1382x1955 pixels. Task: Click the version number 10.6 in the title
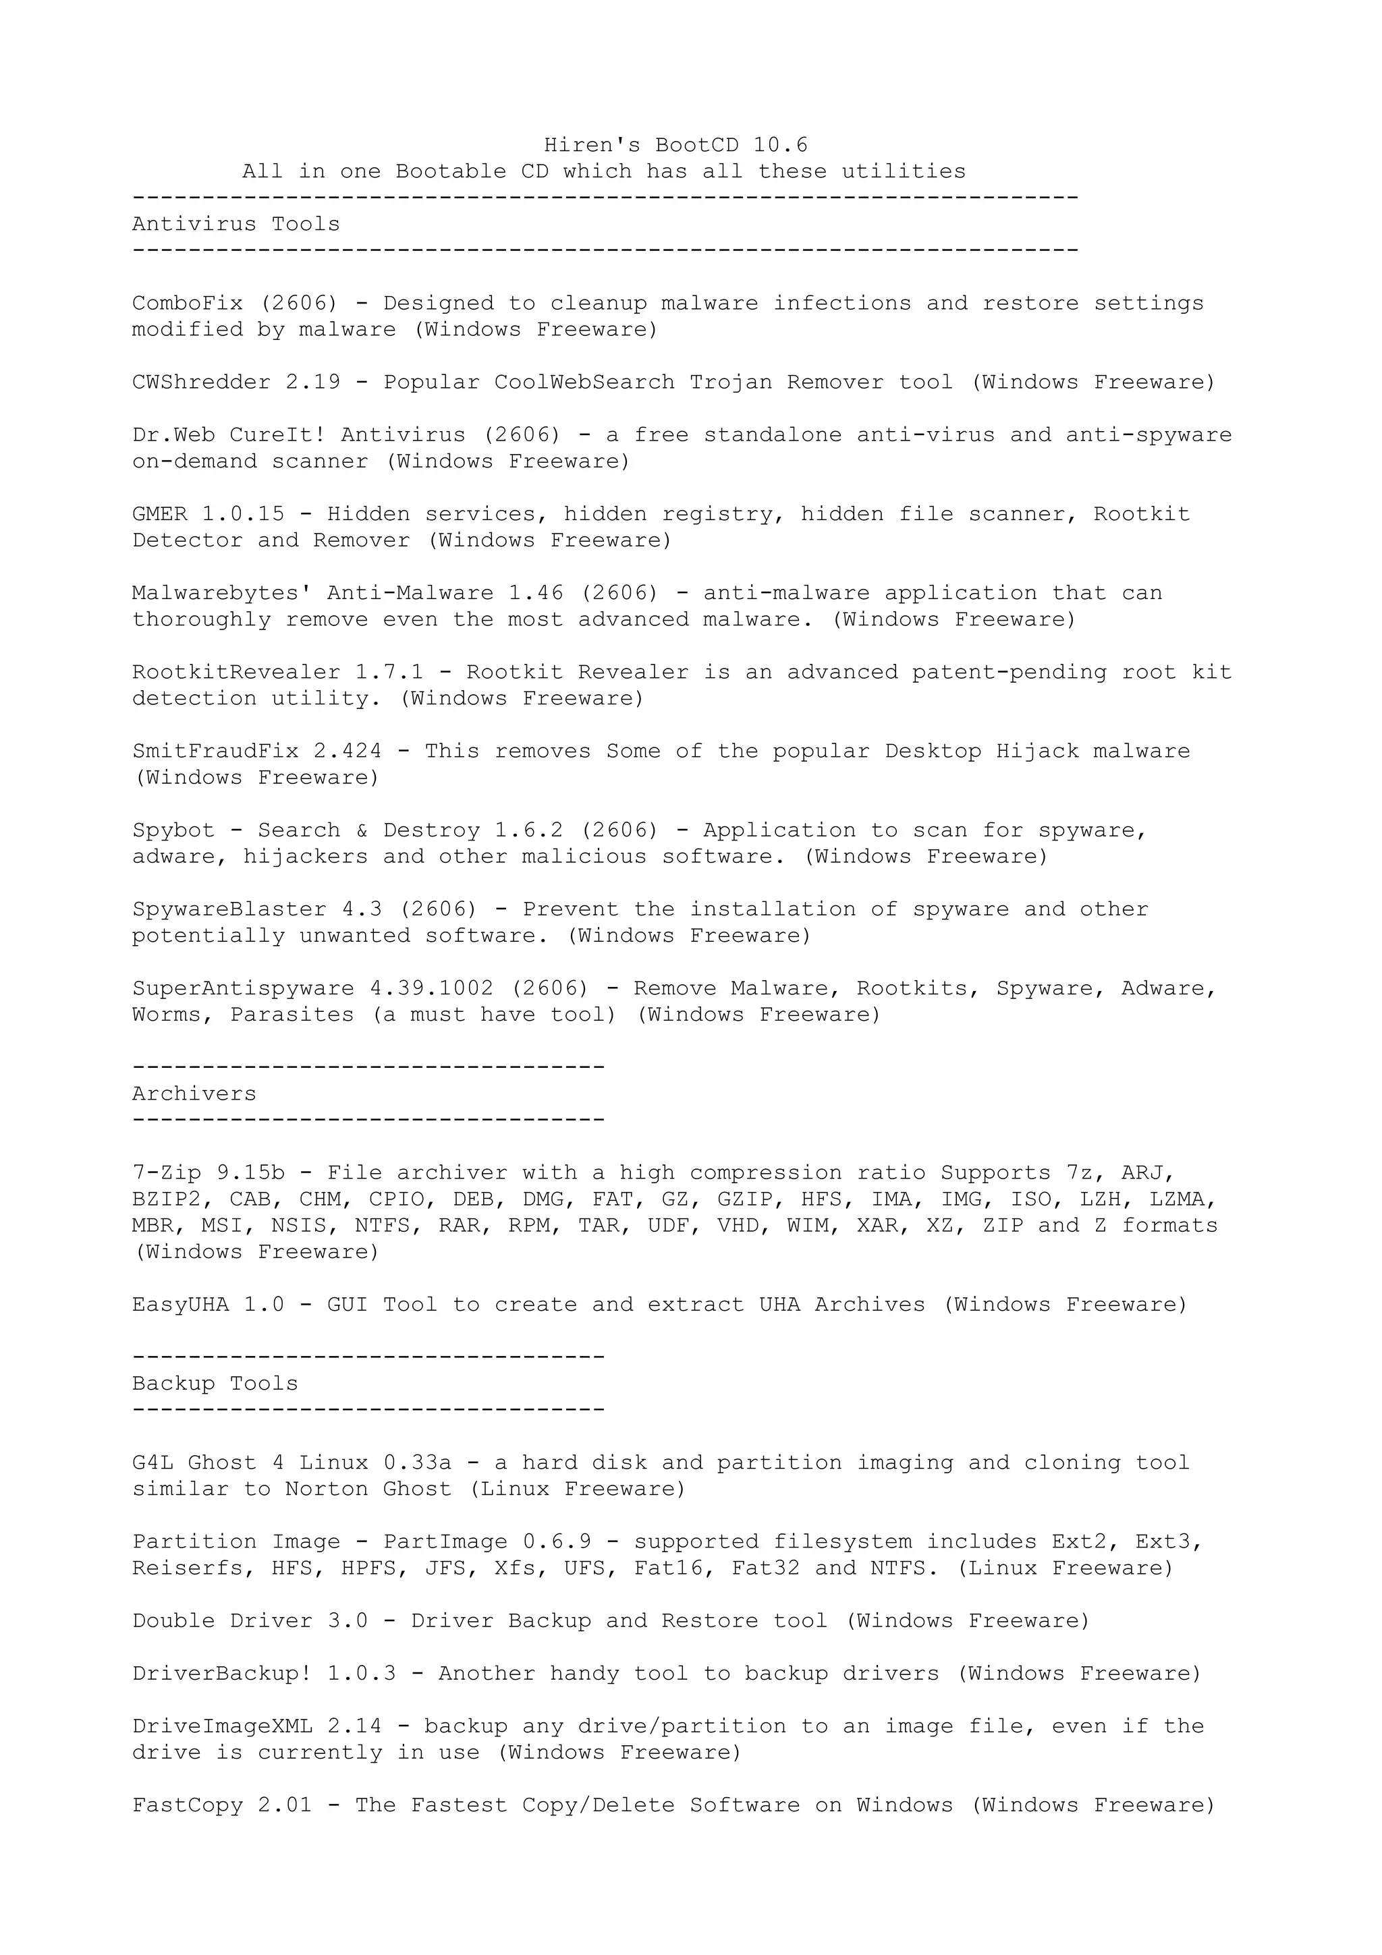click(780, 145)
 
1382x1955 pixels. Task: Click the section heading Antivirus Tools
click(236, 224)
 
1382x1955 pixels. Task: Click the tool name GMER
click(159, 514)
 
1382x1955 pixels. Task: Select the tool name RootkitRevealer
click(236, 672)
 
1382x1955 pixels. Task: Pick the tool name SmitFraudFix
click(215, 751)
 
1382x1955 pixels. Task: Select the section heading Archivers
click(194, 1094)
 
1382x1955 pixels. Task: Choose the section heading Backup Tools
click(215, 1384)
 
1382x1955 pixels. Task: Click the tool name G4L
click(153, 1463)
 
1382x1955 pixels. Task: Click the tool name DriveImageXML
click(221, 1726)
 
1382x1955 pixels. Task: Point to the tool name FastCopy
click(188, 1805)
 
